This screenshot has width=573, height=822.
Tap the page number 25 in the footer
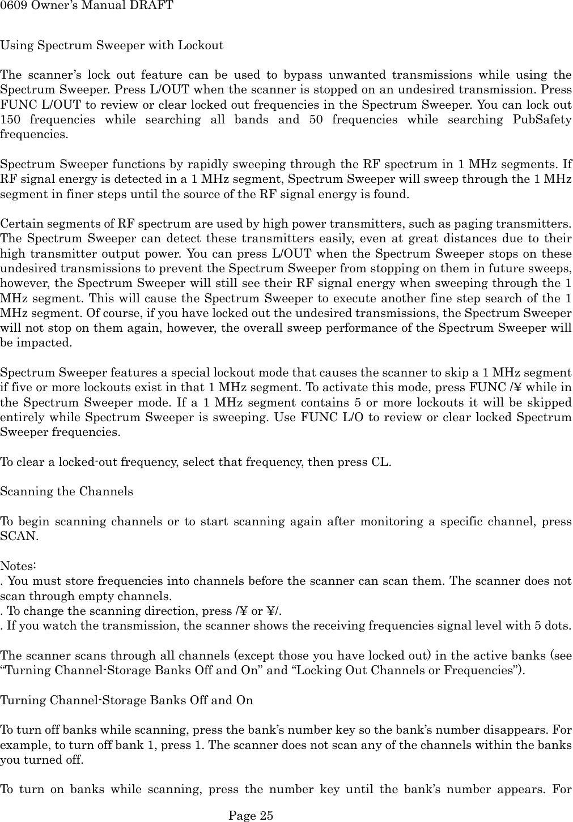click(266, 815)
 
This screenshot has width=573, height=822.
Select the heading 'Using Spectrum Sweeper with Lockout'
click(112, 45)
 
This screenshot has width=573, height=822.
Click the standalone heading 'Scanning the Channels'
click(67, 491)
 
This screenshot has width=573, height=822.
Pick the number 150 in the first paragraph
click(10, 119)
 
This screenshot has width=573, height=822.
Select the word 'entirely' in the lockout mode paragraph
click(20, 417)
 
